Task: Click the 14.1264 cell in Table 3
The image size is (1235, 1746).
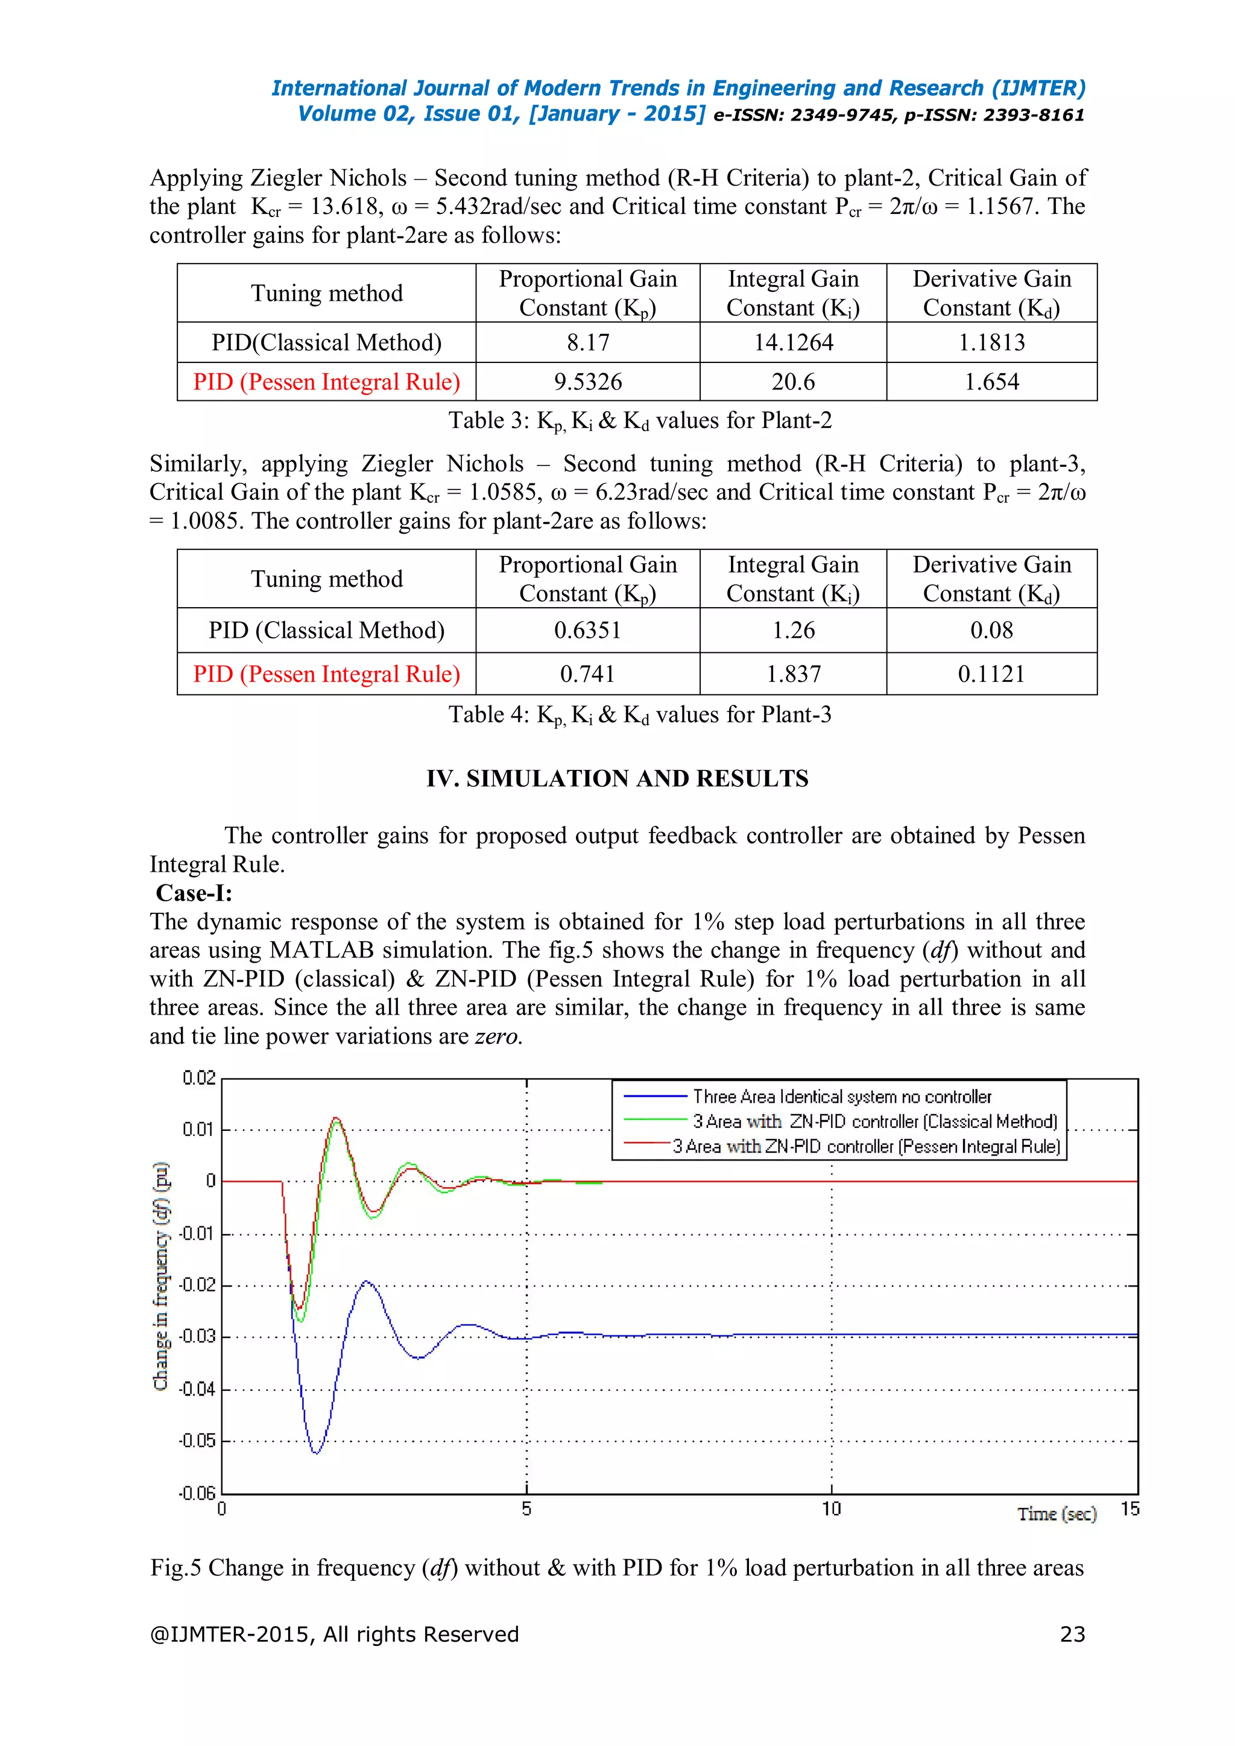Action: point(792,342)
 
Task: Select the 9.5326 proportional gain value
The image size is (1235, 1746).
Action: point(587,382)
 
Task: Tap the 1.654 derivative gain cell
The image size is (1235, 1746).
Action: point(991,382)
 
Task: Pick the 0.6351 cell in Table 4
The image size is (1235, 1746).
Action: point(587,631)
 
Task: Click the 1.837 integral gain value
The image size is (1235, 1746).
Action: point(792,674)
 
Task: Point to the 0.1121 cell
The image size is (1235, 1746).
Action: point(991,674)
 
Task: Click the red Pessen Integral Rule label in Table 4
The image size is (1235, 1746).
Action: point(326,674)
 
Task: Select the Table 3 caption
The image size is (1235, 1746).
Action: point(640,421)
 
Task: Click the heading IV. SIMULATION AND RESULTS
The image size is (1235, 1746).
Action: point(617,779)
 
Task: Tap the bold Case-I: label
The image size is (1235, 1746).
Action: point(194,893)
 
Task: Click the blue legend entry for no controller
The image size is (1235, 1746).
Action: point(841,1097)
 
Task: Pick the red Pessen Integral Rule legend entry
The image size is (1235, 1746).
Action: point(865,1146)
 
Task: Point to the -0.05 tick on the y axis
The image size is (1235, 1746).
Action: point(197,1440)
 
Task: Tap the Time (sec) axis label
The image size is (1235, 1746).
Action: point(1057,1514)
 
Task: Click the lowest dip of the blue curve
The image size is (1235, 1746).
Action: point(315,1452)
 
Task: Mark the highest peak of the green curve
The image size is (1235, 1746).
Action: point(335,1118)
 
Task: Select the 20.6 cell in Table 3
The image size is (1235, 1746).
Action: point(792,382)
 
